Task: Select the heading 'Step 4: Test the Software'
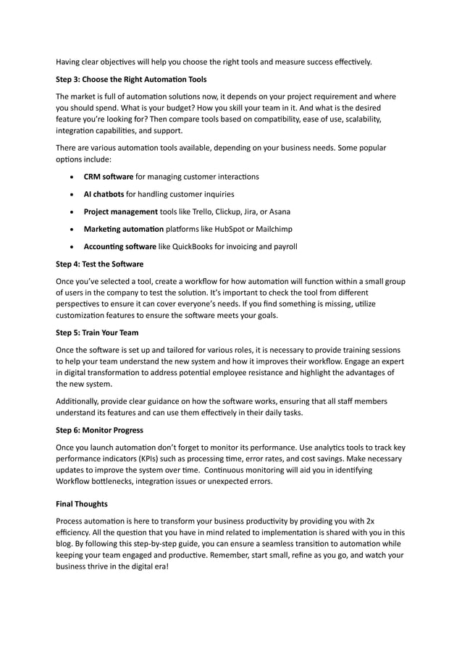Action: (x=99, y=264)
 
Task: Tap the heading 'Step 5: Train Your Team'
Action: (x=98, y=333)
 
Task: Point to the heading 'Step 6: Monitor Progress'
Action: (x=99, y=429)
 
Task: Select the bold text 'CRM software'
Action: (x=108, y=177)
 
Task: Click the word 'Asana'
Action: (x=278, y=211)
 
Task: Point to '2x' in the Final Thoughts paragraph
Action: (x=370, y=521)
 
